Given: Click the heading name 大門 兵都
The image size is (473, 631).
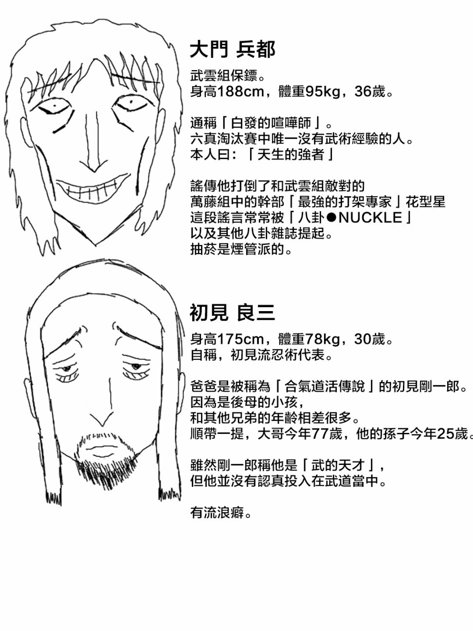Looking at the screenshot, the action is [233, 49].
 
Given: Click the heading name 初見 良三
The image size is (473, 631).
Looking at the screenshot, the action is [232, 313].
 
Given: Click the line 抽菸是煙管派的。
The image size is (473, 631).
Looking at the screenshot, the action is [241, 249].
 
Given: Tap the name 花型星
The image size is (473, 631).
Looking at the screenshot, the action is [426, 202].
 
